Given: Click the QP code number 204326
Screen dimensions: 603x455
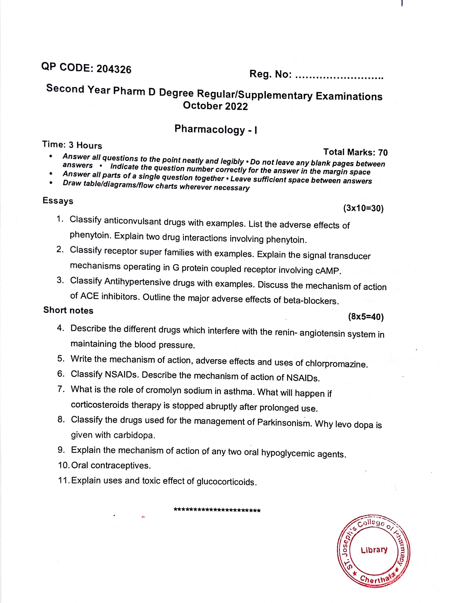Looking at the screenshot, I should [x=114, y=70].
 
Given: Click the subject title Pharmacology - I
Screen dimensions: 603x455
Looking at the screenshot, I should [x=216, y=130].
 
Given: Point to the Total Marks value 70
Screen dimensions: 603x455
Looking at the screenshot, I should [x=383, y=153].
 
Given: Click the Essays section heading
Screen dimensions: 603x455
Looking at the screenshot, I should [x=58, y=201].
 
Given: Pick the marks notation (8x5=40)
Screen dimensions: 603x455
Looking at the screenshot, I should [x=366, y=317].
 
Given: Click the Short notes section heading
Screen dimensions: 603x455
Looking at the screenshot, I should [x=68, y=310].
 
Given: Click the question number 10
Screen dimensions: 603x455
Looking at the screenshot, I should [x=64, y=465].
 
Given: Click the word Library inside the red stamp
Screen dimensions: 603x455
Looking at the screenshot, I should [x=374, y=550].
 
